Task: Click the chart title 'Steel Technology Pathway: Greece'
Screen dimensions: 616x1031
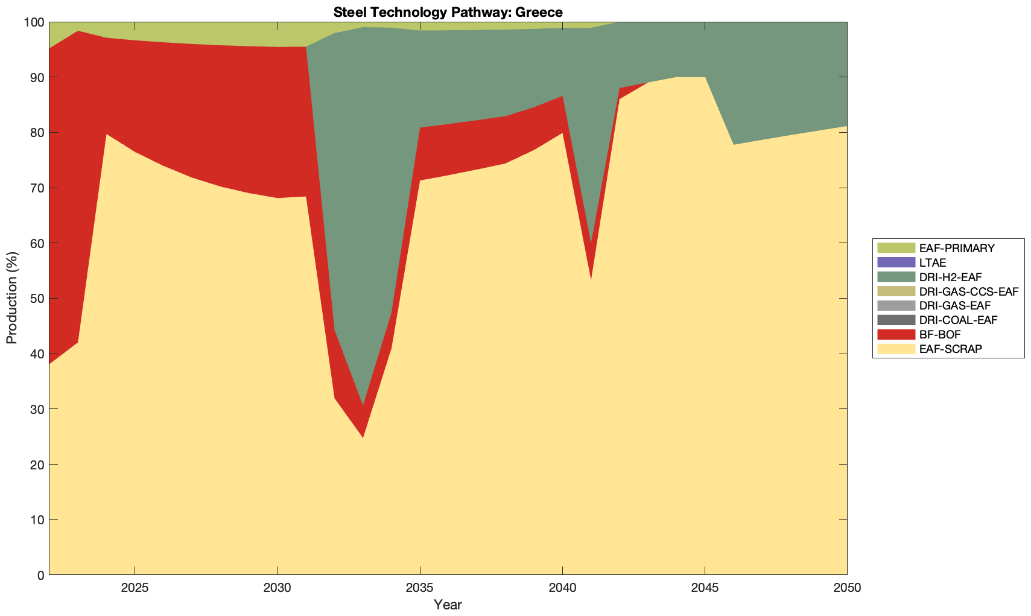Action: pos(448,12)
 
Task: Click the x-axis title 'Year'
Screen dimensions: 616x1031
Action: pos(448,605)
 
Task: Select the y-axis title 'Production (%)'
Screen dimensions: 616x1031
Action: pos(12,298)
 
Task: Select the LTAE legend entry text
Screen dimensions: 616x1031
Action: pos(933,262)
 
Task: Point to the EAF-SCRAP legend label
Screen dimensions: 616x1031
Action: pos(951,349)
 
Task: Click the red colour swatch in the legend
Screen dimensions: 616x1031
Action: pos(896,334)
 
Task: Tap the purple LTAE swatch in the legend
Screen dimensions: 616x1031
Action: pos(896,262)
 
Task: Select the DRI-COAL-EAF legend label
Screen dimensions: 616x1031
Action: pos(959,320)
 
